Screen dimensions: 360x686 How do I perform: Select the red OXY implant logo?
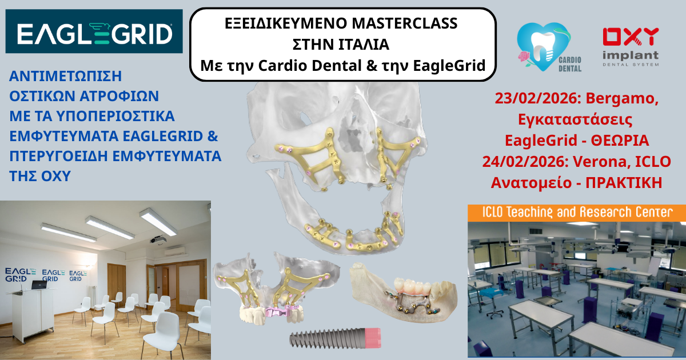click(x=631, y=46)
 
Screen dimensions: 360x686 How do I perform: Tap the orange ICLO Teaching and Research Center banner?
click(x=576, y=213)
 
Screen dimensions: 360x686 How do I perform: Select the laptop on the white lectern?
click(x=39, y=284)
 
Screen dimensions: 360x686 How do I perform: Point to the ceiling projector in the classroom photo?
click(x=158, y=239)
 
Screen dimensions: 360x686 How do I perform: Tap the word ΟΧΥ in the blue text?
click(x=57, y=176)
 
